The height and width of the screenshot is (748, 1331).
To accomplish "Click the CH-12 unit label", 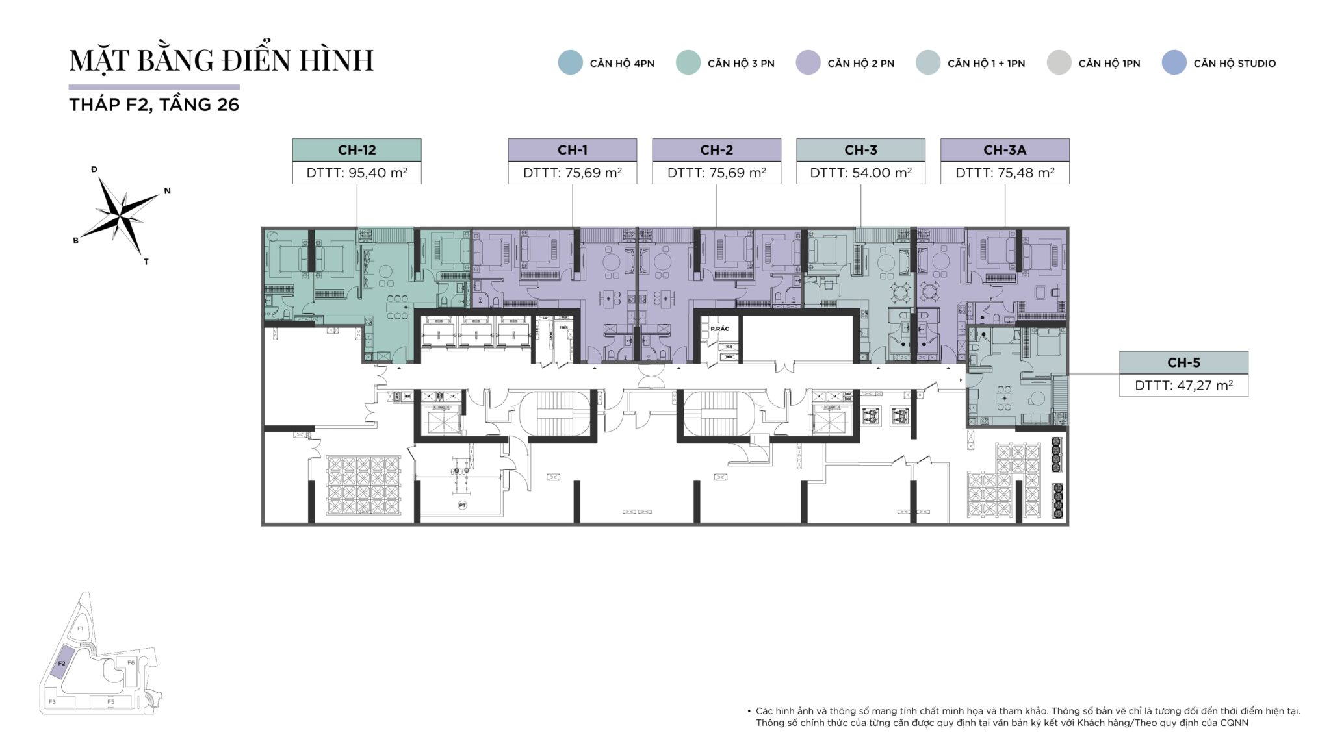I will [357, 150].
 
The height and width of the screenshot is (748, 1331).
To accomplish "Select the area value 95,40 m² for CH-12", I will [357, 173].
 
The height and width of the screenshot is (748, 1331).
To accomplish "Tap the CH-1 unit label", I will [572, 150].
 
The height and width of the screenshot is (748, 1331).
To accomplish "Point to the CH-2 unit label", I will [716, 150].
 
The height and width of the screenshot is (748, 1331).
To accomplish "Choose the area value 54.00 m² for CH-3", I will [860, 173].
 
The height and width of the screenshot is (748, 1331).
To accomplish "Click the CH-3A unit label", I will [1004, 150].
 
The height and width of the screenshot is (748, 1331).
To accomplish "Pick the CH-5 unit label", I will [1183, 363].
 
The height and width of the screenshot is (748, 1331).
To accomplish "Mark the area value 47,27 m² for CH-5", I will [1183, 386].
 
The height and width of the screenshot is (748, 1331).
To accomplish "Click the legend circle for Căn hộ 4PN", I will [570, 63].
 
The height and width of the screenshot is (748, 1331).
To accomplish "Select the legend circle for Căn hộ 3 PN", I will [688, 63].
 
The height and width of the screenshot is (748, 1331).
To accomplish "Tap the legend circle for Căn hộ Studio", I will [1174, 63].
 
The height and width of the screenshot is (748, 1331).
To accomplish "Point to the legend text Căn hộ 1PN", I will [1109, 64].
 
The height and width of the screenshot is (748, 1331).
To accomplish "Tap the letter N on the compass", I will [167, 191].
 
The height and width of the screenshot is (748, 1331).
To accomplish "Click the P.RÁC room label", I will [719, 329].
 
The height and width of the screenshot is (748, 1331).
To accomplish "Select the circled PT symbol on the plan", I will [463, 505].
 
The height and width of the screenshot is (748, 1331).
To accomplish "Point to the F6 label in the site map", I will [131, 663].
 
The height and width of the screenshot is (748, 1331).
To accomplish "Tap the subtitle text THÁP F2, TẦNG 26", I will [154, 105].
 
